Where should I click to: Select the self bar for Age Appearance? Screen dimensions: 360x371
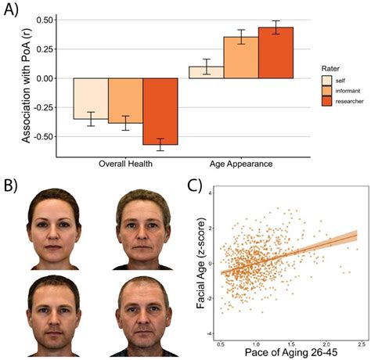click(206, 72)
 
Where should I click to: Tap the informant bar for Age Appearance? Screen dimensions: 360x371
click(240, 57)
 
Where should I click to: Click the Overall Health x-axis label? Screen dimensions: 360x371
click(125, 166)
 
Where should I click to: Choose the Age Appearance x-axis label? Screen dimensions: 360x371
click(240, 166)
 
